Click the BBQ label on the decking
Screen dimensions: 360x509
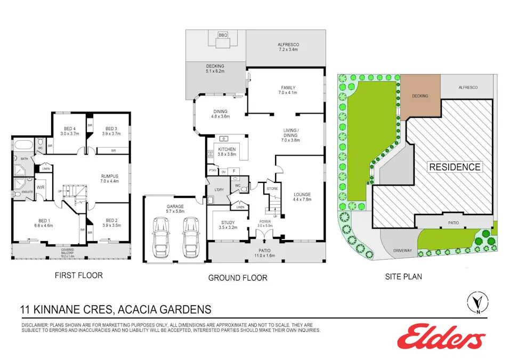(x=222, y=36)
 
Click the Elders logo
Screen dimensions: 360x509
(x=441, y=337)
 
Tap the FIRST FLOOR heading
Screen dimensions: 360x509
(x=79, y=276)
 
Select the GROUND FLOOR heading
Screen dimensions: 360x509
(x=238, y=278)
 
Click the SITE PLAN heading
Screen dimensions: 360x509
(x=403, y=277)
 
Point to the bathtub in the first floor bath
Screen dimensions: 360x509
(x=23, y=145)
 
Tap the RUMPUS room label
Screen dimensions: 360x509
(x=110, y=176)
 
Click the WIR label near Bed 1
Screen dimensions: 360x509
(x=41, y=187)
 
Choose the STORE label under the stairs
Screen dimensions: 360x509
(x=272, y=188)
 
